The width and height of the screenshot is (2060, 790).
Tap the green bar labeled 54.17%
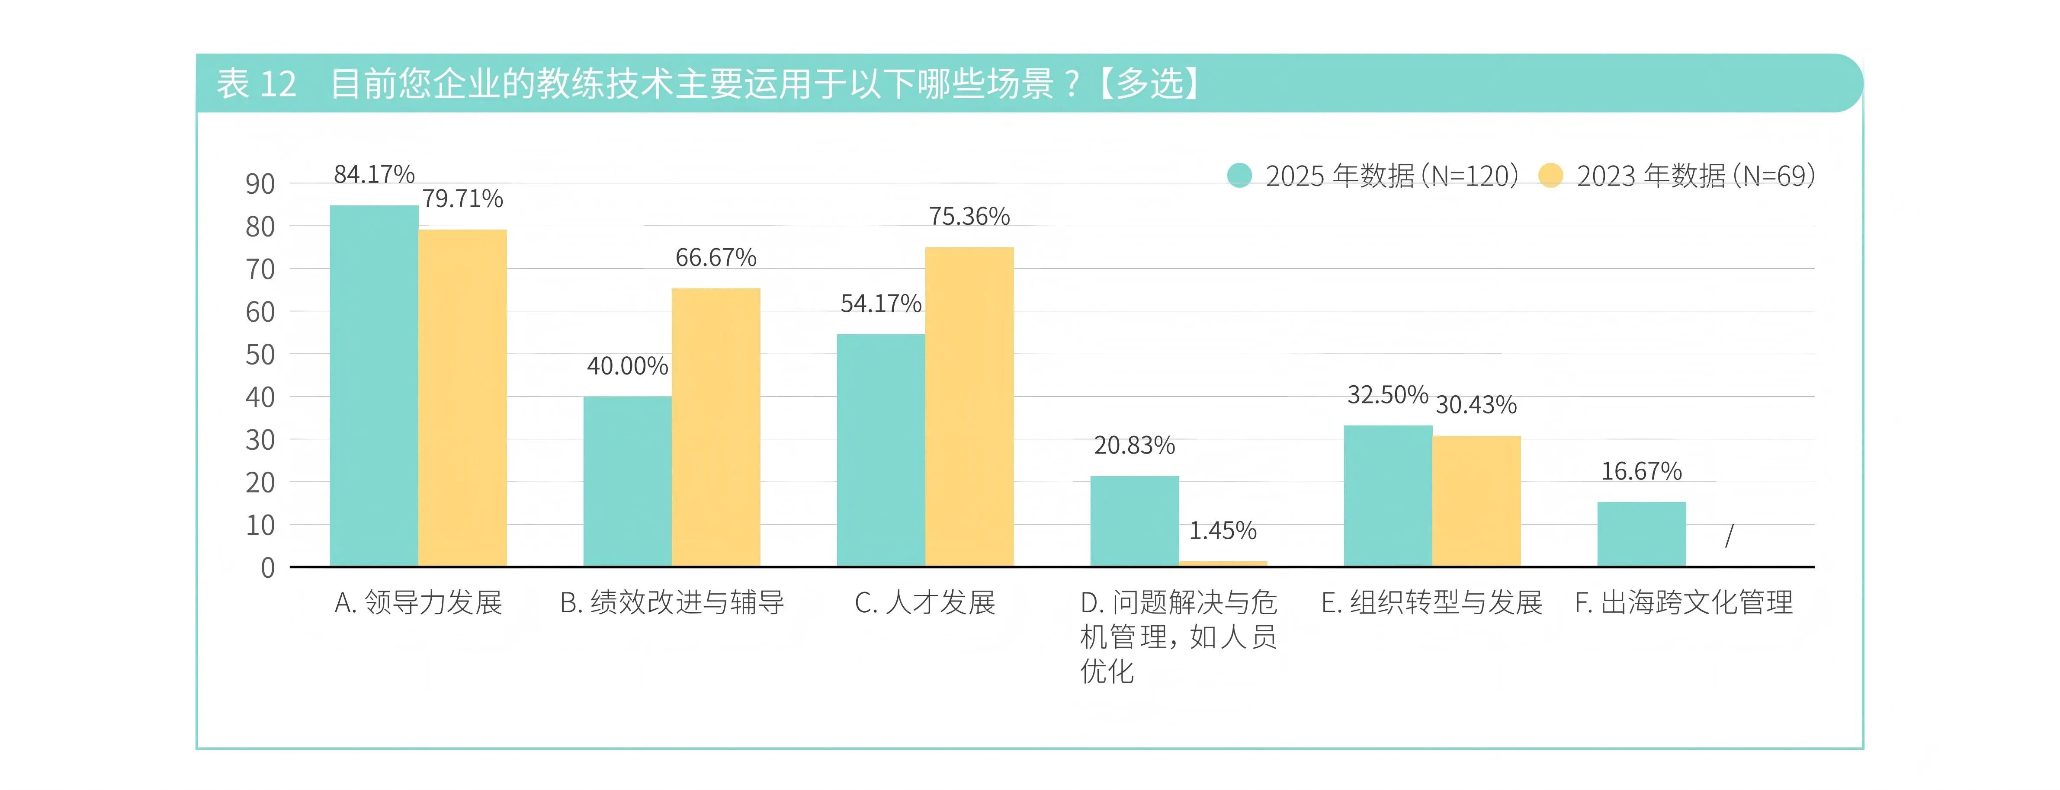coord(880,450)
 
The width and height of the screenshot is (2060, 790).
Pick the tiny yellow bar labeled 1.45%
coord(1223,563)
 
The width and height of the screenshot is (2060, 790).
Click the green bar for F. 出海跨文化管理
coord(1641,534)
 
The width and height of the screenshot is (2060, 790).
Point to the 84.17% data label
coord(373,174)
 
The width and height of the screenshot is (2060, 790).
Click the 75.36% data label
coord(969,217)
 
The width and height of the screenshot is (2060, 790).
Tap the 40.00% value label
coord(627,366)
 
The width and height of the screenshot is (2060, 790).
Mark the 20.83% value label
coord(1134,445)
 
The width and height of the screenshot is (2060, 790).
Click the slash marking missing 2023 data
coord(1729,535)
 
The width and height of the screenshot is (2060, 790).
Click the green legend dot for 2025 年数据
coord(1239,175)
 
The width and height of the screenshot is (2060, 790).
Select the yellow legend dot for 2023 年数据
coord(1550,175)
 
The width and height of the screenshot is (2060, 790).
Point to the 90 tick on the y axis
coord(260,184)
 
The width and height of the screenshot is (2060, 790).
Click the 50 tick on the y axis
coord(260,354)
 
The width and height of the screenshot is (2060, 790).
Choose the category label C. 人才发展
coord(924,602)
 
